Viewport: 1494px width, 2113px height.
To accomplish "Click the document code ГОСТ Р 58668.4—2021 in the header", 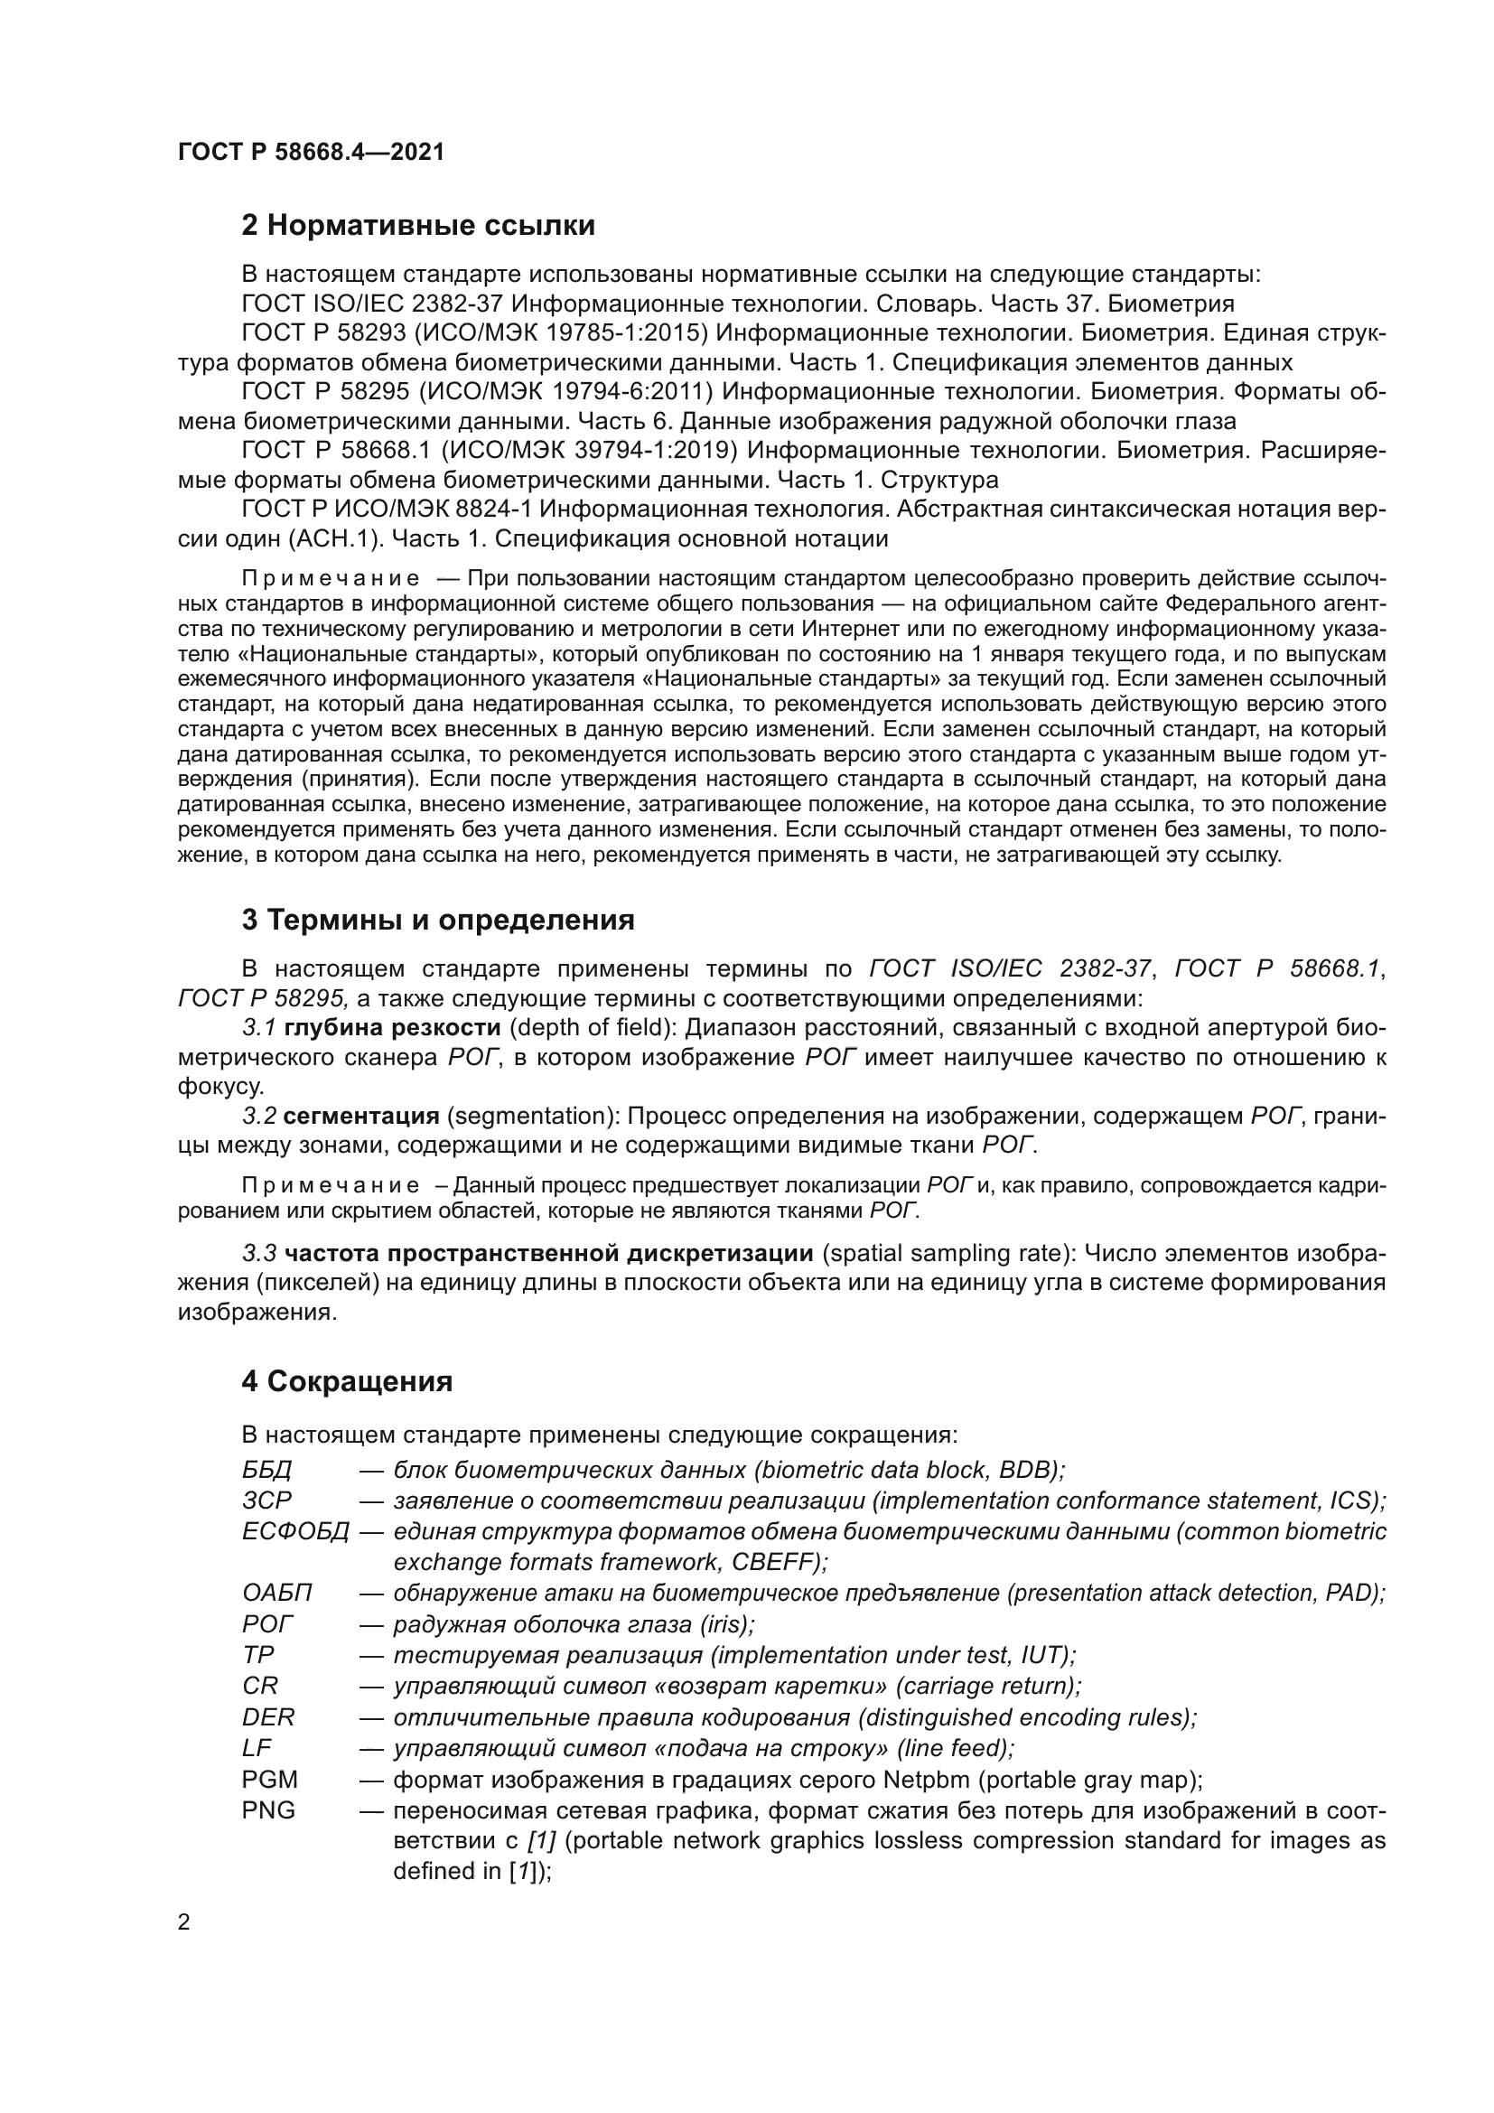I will tap(310, 153).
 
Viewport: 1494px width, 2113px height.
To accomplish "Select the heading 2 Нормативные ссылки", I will tap(417, 226).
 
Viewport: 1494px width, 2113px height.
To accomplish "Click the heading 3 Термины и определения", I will tap(438, 920).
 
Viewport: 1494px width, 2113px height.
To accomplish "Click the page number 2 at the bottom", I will tap(184, 1922).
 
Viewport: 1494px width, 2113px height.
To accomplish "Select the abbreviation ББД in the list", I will tap(266, 1470).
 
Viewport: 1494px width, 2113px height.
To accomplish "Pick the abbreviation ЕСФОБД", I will tap(295, 1531).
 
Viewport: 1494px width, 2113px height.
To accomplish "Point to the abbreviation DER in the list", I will tap(267, 1717).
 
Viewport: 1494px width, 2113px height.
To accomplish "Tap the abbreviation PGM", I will tap(269, 1779).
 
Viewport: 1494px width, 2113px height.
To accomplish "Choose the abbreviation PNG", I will tap(268, 1810).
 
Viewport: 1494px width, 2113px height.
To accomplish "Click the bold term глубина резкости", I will tap(393, 1027).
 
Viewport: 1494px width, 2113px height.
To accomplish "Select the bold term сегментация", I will tap(361, 1117).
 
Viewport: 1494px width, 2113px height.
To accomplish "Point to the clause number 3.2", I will tap(259, 1117).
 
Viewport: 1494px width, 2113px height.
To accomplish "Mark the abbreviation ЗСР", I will tap(266, 1501).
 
